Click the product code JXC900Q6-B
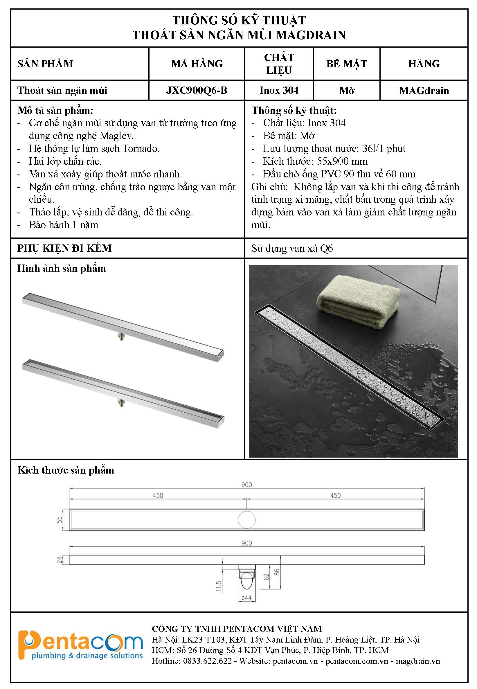tap(197, 90)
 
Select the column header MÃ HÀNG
tap(197, 64)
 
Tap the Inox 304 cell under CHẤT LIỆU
tap(278, 90)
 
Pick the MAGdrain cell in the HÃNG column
tap(424, 91)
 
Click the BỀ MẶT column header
tap(346, 64)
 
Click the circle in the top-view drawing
tap(246, 520)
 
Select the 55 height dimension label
tap(60, 520)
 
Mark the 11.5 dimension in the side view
tap(219, 586)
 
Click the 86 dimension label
tap(277, 572)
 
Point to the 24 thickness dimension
tap(59, 560)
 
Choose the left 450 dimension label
tap(158, 495)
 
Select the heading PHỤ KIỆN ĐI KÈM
tap(64, 248)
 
